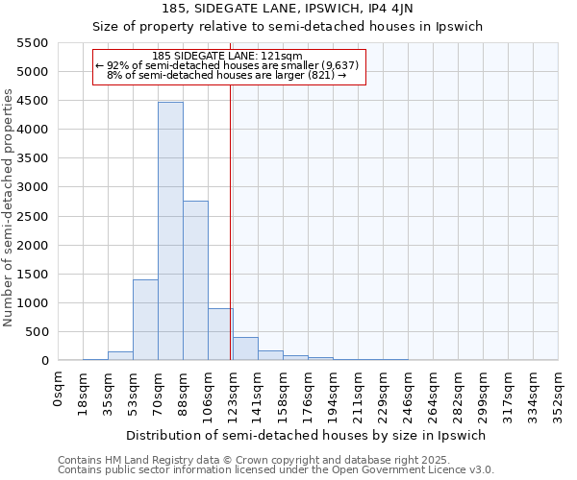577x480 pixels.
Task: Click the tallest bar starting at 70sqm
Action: click(170, 230)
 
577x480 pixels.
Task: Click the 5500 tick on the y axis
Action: click(32, 43)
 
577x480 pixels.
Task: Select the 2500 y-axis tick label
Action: click(32, 216)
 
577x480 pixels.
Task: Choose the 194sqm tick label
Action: click(334, 396)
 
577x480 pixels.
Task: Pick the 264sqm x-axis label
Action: click(434, 396)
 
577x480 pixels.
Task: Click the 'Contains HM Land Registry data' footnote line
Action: click(254, 460)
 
